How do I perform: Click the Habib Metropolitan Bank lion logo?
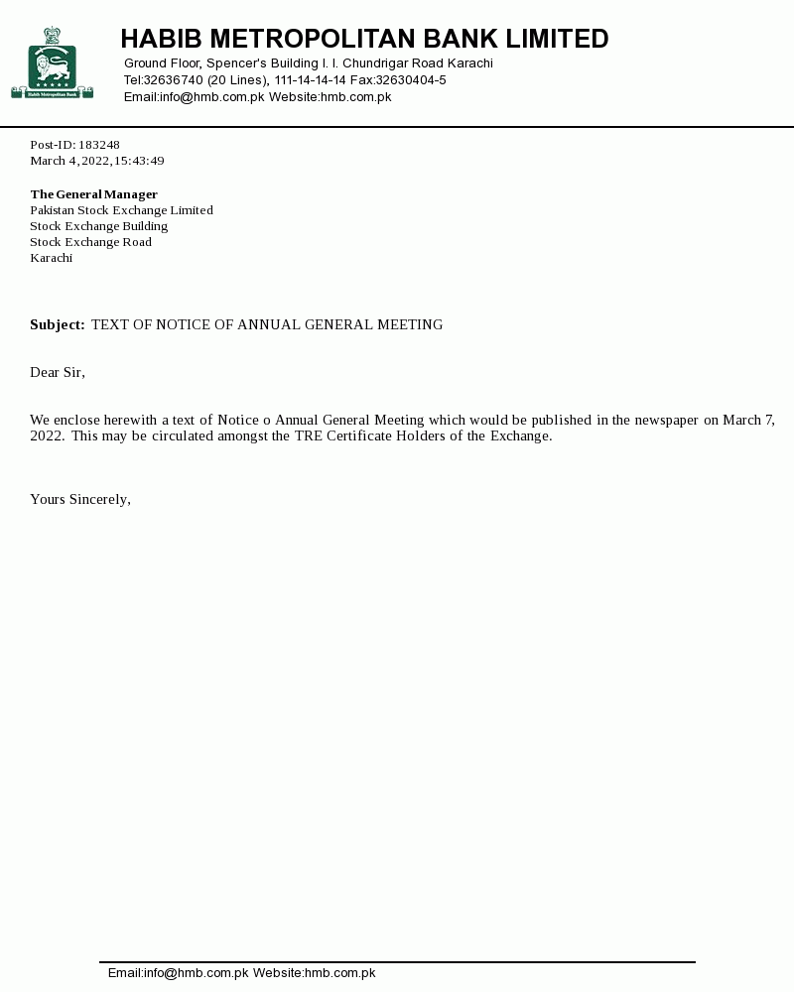tap(52, 63)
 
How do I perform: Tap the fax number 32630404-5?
tap(410, 80)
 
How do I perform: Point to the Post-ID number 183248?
tap(99, 145)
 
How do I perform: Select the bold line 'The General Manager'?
tap(93, 194)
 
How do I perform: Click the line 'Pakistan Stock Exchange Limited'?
tap(121, 210)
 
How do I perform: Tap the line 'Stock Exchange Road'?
tap(90, 242)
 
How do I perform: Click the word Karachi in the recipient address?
tap(51, 258)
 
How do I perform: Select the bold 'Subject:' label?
tap(58, 324)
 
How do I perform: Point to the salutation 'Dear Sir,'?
tap(58, 372)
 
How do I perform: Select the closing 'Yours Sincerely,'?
tap(80, 499)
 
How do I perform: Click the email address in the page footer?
tap(178, 973)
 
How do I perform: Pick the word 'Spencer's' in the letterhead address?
tap(236, 63)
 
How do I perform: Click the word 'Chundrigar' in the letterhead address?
tap(376, 63)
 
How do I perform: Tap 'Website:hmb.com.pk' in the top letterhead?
tap(330, 97)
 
